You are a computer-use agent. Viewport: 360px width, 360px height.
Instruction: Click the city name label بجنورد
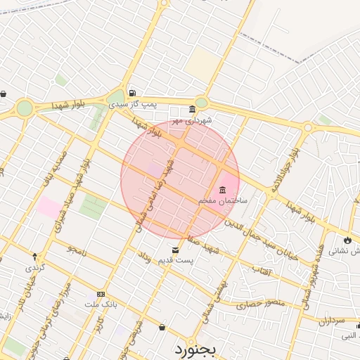point(199,348)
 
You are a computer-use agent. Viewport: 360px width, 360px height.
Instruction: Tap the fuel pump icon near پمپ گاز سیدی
point(132,93)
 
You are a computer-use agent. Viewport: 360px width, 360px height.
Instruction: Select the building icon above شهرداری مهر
point(192,110)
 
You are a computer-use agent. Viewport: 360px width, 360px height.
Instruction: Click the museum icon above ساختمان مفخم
point(223,190)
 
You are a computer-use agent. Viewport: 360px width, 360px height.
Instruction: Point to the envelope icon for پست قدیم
point(175,250)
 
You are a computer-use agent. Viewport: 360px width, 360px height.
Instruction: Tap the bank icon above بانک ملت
point(101,294)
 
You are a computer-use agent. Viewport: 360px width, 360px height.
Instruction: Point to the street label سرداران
point(334,321)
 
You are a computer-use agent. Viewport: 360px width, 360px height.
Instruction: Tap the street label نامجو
point(76,249)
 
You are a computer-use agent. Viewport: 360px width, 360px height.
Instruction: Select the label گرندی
point(35,268)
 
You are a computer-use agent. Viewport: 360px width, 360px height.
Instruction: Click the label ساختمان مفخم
point(223,201)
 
